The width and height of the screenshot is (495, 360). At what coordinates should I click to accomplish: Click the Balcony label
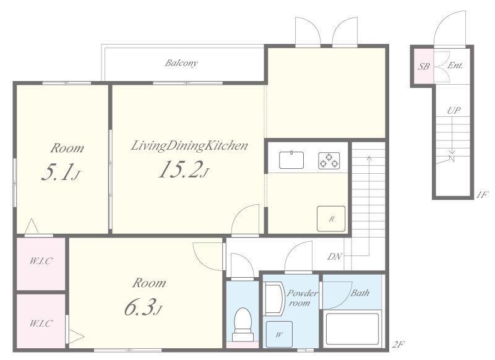point(181,63)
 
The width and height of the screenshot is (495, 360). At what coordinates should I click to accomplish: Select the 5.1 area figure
point(60,172)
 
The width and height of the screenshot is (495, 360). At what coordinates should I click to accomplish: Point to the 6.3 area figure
point(143,307)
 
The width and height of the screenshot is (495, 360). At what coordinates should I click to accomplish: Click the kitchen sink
point(291,160)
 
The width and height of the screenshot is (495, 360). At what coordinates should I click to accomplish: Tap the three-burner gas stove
point(329,161)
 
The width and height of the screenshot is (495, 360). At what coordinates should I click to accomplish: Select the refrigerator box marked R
point(331,218)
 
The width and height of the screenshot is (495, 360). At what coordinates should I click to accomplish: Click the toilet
point(243,325)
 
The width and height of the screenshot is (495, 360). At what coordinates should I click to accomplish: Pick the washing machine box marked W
point(279,334)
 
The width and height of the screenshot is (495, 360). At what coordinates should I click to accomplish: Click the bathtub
point(352,328)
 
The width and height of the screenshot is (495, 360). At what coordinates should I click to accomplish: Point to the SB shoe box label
point(424,67)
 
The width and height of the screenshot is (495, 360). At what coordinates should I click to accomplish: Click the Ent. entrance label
point(455,66)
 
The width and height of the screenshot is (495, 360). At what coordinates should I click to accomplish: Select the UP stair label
point(454,111)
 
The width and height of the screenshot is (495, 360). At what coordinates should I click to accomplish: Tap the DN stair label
point(334,257)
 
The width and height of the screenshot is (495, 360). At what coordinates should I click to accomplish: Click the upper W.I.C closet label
point(41,261)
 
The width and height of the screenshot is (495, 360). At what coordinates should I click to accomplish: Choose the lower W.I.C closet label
point(41,324)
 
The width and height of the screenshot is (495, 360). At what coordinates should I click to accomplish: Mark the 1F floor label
point(483,195)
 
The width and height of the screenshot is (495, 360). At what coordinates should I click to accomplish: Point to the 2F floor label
point(398,344)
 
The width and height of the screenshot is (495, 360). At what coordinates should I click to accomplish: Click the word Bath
point(360,293)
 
